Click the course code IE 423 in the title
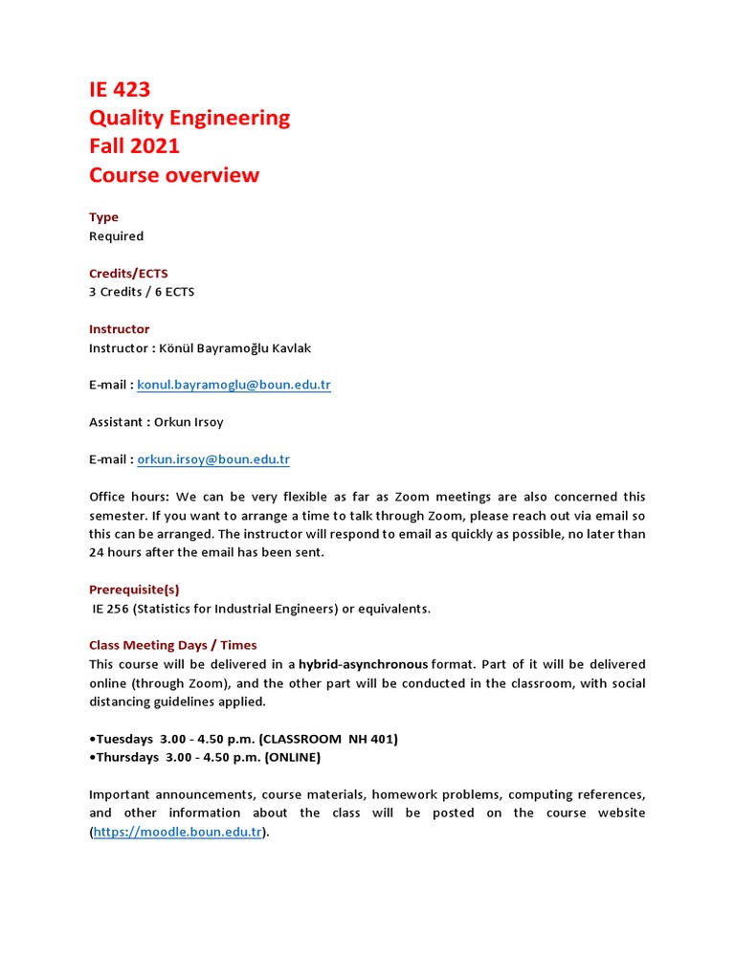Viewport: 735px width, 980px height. click(x=120, y=90)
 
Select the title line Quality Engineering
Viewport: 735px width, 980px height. click(x=189, y=119)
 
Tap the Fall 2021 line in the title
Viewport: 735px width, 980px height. click(x=134, y=146)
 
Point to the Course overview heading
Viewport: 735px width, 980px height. click(x=174, y=175)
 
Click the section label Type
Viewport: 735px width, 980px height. click(x=103, y=217)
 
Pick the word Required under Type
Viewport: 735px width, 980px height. click(x=116, y=236)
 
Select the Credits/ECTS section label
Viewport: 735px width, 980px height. click(x=128, y=274)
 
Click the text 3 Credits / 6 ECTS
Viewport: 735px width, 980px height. click(x=142, y=292)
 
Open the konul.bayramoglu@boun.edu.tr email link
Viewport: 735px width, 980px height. click(x=234, y=385)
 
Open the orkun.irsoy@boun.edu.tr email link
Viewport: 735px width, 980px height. click(x=213, y=459)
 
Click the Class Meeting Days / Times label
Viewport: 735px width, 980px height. click(x=173, y=645)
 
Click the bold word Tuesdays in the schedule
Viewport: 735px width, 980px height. click(x=126, y=739)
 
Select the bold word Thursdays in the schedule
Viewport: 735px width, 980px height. click(x=129, y=757)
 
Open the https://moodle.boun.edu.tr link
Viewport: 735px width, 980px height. click(x=178, y=832)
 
